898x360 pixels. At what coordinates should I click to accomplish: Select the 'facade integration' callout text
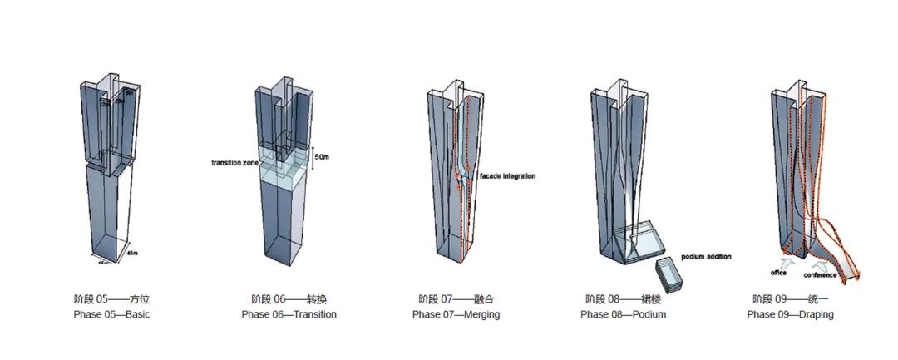pyautogui.click(x=507, y=175)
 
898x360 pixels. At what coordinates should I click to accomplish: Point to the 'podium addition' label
pyautogui.click(x=706, y=257)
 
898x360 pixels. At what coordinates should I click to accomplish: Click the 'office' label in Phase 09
pyautogui.click(x=779, y=272)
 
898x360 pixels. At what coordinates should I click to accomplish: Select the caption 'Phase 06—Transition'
pyautogui.click(x=289, y=315)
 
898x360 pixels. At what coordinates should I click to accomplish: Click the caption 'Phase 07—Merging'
pyautogui.click(x=457, y=315)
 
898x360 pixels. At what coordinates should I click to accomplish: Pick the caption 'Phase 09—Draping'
pyautogui.click(x=790, y=315)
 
